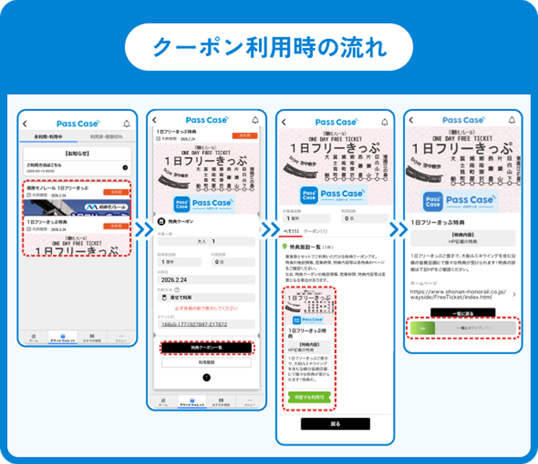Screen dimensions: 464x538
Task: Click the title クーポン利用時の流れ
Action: coord(269,48)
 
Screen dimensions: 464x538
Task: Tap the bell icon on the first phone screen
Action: coord(127,123)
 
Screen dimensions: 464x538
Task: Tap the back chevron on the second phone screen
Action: coord(154,121)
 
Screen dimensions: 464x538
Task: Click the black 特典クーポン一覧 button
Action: coord(206,347)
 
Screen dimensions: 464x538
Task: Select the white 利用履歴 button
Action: coord(206,362)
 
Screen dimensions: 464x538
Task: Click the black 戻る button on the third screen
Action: coord(336,424)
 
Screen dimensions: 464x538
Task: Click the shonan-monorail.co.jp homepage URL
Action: coord(457,294)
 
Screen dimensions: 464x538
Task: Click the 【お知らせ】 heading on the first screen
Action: coord(75,153)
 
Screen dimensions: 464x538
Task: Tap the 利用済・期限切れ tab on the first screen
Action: coord(105,137)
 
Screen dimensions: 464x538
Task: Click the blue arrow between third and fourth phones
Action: coord(395,230)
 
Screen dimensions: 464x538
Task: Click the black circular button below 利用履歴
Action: coord(206,378)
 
